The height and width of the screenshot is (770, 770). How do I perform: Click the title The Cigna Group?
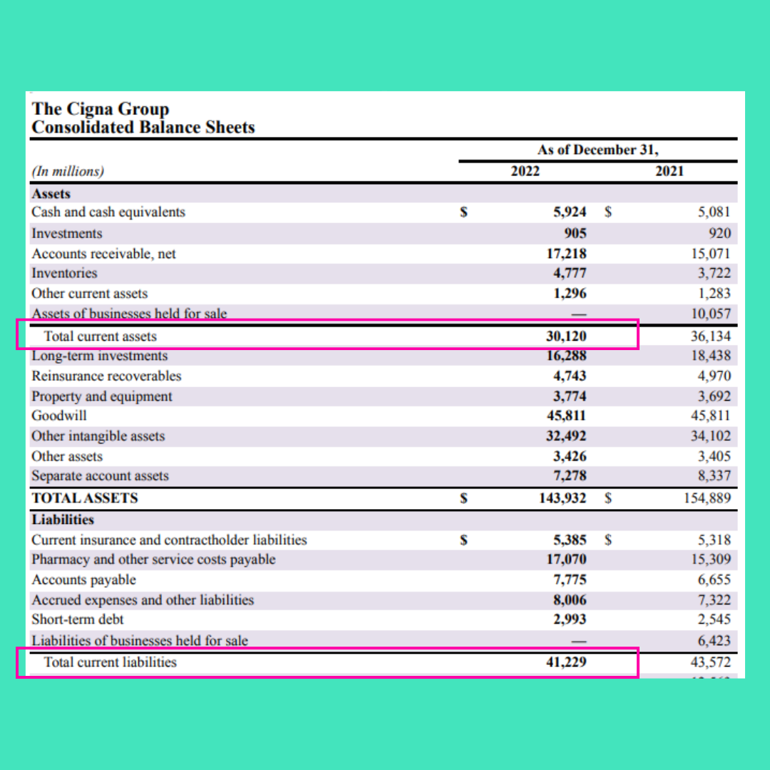tap(101, 109)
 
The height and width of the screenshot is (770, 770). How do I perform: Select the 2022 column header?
tap(525, 171)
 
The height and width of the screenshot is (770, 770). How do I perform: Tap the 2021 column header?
tap(669, 171)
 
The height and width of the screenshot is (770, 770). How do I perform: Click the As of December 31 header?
tap(598, 150)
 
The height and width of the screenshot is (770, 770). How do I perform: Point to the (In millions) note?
tap(68, 171)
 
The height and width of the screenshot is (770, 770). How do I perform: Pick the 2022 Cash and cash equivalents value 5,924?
tap(570, 212)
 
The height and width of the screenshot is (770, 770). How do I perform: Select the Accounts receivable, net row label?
tap(103, 253)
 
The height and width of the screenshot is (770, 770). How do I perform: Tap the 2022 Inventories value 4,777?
tap(570, 273)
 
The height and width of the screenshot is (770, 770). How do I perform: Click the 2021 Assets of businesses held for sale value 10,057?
tap(712, 314)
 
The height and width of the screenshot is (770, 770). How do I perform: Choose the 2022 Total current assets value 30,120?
tap(566, 336)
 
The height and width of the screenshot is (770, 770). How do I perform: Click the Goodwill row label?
tap(59, 416)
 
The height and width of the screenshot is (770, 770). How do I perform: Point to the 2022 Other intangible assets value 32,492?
tap(566, 436)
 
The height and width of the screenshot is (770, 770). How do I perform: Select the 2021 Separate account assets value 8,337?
tap(715, 476)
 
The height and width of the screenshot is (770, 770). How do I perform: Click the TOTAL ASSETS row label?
tap(85, 498)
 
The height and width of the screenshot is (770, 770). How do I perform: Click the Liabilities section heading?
tap(63, 519)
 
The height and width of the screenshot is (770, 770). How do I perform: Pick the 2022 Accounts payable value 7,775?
tap(570, 580)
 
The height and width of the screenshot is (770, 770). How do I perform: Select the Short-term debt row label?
tap(78, 620)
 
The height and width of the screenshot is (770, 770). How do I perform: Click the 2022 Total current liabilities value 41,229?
tap(566, 662)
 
